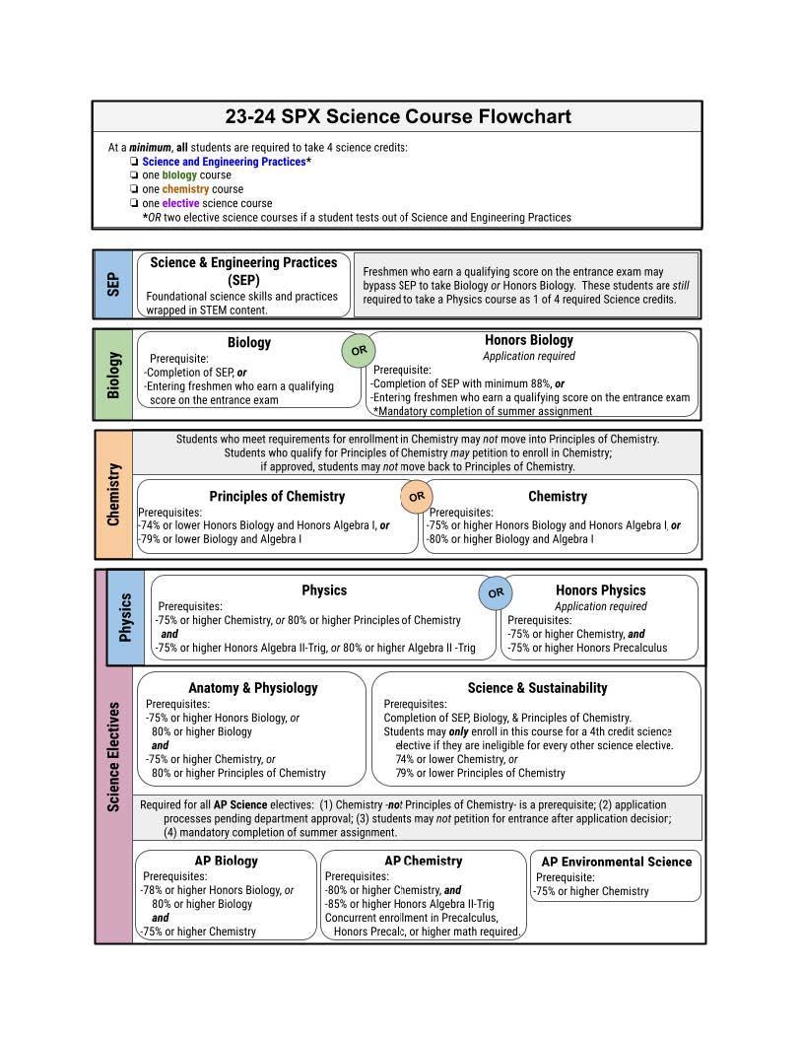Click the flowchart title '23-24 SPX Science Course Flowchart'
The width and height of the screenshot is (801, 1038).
pos(398,116)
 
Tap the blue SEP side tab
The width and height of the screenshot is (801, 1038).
pos(113,284)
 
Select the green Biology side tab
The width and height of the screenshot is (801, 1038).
pos(113,374)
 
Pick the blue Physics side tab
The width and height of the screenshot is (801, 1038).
pos(125,617)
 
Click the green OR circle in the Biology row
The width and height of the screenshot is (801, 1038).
pos(359,350)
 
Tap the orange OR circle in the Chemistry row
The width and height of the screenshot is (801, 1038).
pos(417,496)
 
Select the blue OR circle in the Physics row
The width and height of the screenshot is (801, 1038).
pos(496,592)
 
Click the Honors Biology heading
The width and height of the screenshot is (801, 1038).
pos(528,340)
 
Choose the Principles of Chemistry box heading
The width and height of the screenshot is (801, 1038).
pos(277,496)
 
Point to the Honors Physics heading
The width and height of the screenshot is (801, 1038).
pos(600,590)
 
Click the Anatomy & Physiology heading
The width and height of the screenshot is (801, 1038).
pos(252,688)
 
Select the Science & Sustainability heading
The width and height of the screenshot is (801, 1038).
pos(537,688)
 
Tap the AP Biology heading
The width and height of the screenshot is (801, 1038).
pos(226,861)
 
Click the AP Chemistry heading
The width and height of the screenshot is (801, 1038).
pos(423,861)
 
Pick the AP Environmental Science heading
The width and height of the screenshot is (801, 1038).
pos(616,862)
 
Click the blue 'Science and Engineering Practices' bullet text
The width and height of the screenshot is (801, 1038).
pos(224,162)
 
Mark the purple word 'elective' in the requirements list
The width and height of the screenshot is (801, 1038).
pos(180,203)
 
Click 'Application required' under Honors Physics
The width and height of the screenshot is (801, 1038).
pos(600,606)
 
